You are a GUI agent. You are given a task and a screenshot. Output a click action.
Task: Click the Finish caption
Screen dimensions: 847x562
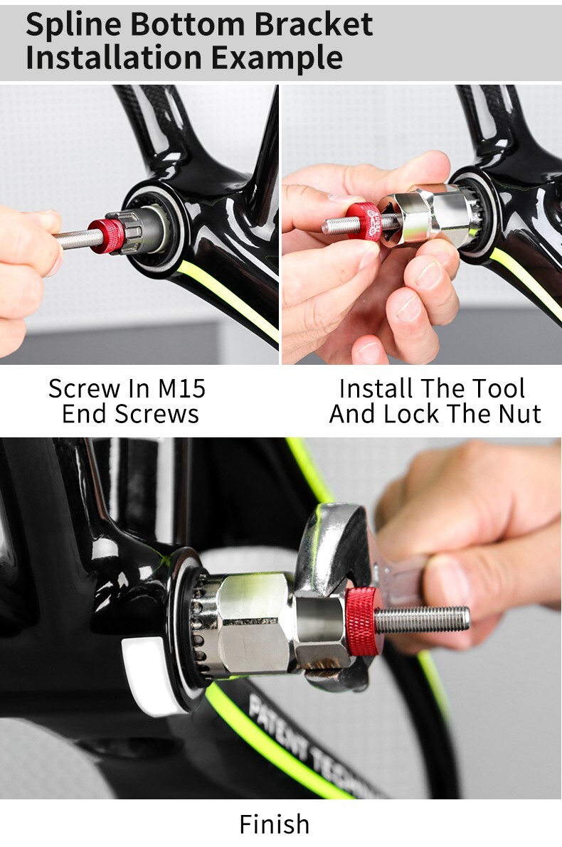(x=275, y=824)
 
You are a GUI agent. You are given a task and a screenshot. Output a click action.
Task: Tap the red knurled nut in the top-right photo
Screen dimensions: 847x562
(x=364, y=220)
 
